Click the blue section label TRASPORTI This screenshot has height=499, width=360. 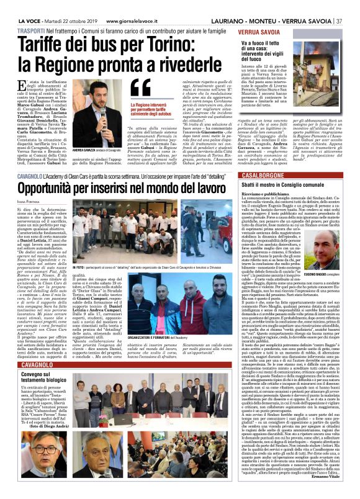pos(22,29)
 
